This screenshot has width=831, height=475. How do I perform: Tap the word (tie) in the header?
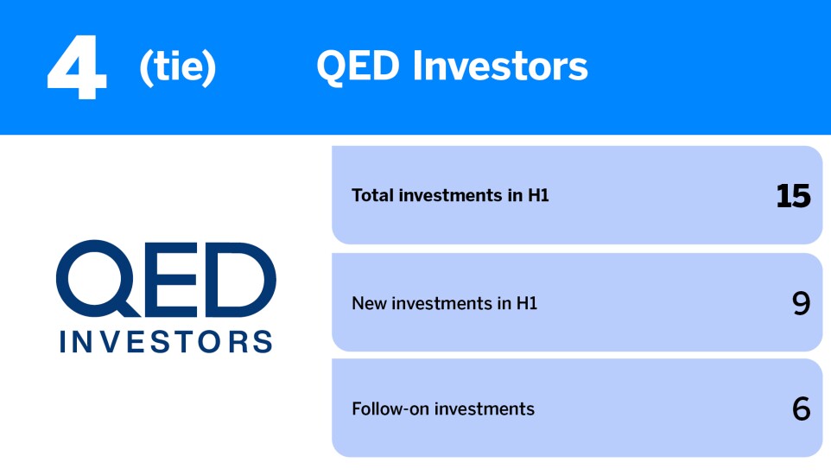click(x=177, y=67)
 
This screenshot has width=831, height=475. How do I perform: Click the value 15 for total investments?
click(x=793, y=196)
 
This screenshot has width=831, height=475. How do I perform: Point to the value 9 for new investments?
click(x=801, y=303)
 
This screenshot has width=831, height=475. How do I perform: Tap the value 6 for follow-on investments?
click(x=801, y=408)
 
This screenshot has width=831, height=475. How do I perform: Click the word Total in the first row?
click(x=372, y=196)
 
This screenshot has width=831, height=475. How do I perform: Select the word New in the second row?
click(x=368, y=303)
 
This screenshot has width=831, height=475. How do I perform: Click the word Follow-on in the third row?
click(x=390, y=408)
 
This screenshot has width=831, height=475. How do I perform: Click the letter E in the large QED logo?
click(x=170, y=278)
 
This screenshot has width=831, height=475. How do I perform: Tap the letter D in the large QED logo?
click(x=236, y=278)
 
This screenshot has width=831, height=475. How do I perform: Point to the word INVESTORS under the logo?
click(x=166, y=340)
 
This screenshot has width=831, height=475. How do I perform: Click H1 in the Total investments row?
click(x=539, y=196)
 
